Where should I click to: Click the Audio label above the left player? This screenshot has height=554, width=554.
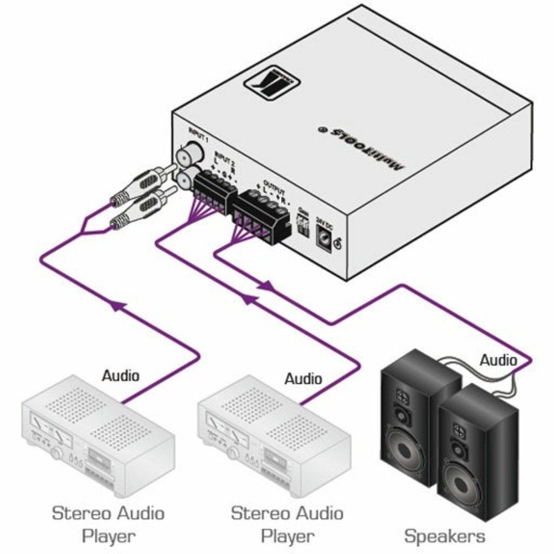[x=121, y=376]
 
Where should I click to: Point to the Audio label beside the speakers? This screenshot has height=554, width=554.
[x=498, y=361]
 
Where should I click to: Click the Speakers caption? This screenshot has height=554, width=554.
[x=444, y=536]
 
